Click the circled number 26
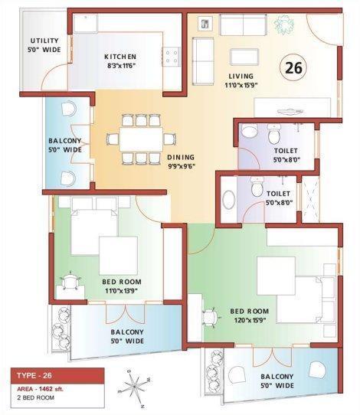(293, 67)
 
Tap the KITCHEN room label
(120, 57)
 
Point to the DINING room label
(182, 157)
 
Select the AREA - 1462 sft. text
(46, 390)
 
